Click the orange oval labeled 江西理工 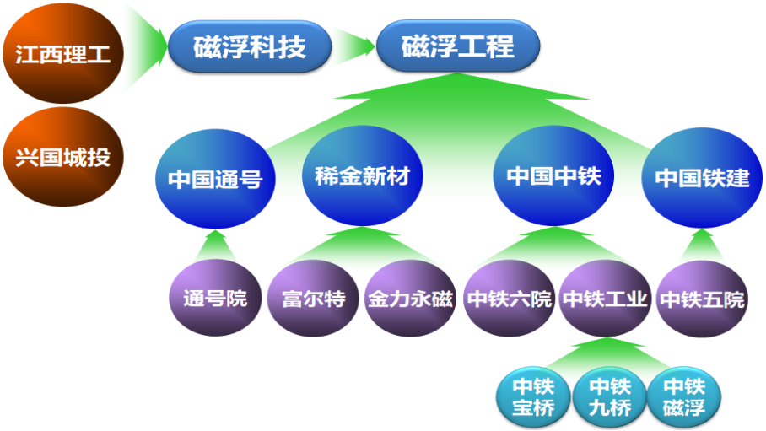click(x=63, y=53)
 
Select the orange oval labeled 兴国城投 click(x=63, y=157)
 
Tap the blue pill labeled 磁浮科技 click(x=250, y=46)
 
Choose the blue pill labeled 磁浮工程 click(x=458, y=46)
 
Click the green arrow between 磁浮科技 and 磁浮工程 click(x=353, y=46)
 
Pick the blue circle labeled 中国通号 click(x=215, y=179)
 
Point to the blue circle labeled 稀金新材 click(x=363, y=176)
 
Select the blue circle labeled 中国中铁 click(x=553, y=176)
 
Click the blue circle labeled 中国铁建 click(x=702, y=178)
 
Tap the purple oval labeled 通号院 click(x=215, y=298)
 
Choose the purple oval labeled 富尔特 click(x=313, y=299)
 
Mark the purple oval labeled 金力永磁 click(x=410, y=299)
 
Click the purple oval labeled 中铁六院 click(x=509, y=299)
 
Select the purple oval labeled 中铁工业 click(x=605, y=299)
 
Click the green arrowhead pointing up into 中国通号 click(x=215, y=245)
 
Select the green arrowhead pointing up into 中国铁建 click(x=702, y=245)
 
